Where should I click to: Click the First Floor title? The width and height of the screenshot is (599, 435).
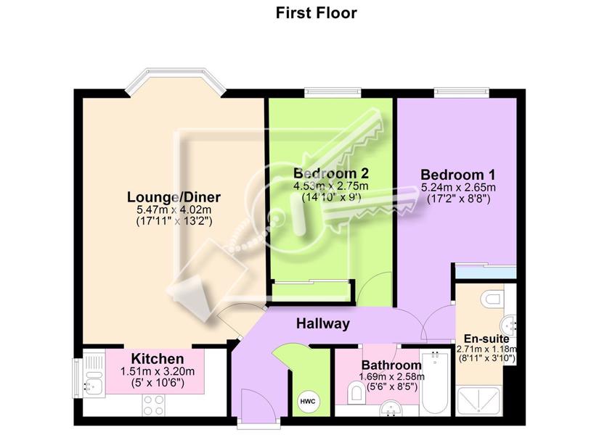(317, 13)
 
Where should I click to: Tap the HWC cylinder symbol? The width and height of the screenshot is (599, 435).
(308, 402)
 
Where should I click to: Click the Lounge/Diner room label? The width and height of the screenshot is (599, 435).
(174, 197)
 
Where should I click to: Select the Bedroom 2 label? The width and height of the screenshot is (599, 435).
(331, 173)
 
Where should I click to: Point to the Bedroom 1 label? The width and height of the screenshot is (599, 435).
(457, 175)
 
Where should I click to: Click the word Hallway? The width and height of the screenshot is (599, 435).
(323, 324)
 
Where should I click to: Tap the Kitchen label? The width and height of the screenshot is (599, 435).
(158, 359)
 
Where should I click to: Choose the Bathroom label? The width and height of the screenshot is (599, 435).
(391, 365)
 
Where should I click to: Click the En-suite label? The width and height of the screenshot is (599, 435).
(486, 339)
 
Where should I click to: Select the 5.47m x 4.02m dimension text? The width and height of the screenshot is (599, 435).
(174, 210)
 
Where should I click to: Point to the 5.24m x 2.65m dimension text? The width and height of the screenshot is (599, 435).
(458, 187)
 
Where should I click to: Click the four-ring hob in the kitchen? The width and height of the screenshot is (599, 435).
(154, 405)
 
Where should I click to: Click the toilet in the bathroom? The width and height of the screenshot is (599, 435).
(356, 393)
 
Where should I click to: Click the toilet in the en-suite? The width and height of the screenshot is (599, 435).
(492, 299)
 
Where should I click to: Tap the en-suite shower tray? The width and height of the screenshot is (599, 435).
(478, 402)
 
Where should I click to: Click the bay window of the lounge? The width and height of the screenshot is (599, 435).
(176, 82)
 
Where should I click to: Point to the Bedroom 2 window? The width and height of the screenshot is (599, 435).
(333, 93)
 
